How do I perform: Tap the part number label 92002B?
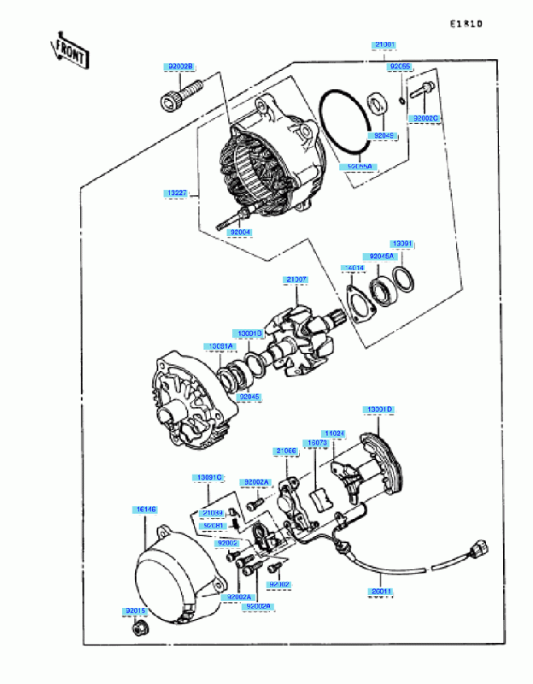click(x=180, y=66)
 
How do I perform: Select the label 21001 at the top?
click(x=385, y=44)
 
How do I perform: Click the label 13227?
click(x=177, y=194)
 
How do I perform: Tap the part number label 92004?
click(x=241, y=231)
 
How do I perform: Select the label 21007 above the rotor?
click(x=296, y=280)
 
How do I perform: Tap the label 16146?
click(x=144, y=510)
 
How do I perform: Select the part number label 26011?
click(x=382, y=590)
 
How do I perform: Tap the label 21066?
click(x=285, y=451)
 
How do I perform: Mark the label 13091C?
click(x=209, y=476)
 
